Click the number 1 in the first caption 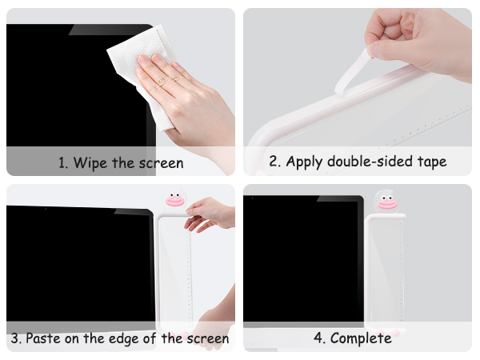pos(62,163)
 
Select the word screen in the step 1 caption pos(160,163)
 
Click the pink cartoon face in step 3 pos(174,199)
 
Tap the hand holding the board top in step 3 pos(210,214)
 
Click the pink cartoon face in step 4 pos(386,200)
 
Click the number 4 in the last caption pos(318,338)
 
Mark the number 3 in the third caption pos(14,338)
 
